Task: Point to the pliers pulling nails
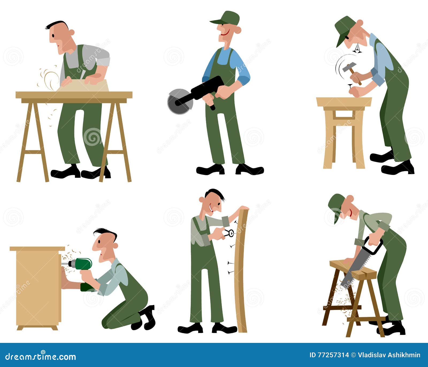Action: pyautogui.click(x=228, y=233)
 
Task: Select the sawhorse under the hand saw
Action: pyautogui.click(x=353, y=297)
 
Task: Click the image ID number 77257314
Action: pyautogui.click(x=333, y=355)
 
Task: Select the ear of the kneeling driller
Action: pyautogui.click(x=115, y=246)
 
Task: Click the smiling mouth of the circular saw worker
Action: pyautogui.click(x=225, y=34)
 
